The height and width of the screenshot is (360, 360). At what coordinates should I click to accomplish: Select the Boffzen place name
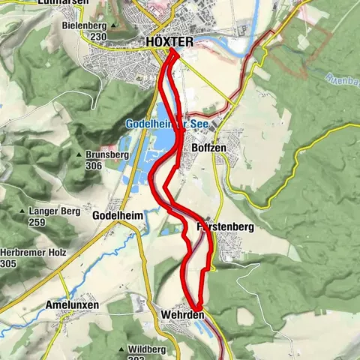point(208,149)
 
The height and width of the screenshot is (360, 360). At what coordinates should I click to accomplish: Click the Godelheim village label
point(116,214)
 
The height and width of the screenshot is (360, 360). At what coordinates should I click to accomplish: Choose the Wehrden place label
point(182,315)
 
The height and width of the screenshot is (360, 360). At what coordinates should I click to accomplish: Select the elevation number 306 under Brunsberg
point(94,165)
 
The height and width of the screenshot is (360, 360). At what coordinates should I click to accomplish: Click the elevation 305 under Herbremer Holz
point(9,263)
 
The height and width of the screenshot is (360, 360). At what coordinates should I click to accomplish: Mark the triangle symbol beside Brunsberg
point(79,155)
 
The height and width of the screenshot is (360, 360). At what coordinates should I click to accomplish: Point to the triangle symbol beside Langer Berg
point(24,212)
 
